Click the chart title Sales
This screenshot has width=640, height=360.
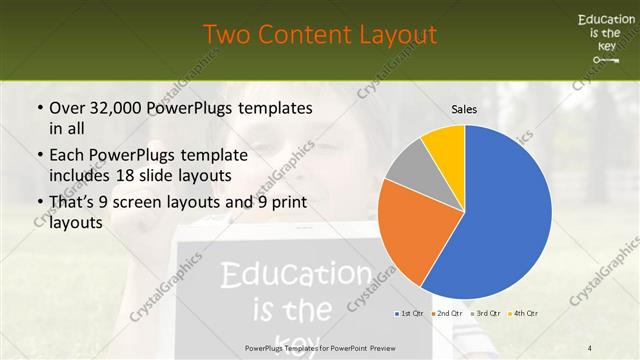(464, 108)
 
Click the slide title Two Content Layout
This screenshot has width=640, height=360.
(320, 35)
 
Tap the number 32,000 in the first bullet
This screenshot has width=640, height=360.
(109, 108)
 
